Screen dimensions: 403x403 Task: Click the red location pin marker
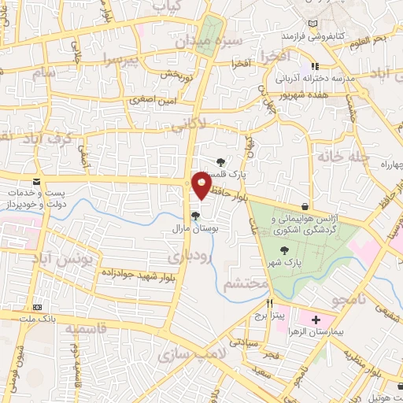[201, 186]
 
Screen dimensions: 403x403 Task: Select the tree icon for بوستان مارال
[195, 216]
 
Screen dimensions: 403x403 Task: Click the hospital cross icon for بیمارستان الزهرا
[316, 320]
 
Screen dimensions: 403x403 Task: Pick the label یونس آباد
[65, 257]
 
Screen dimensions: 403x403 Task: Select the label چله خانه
[344, 155]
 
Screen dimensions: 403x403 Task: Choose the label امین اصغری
[152, 100]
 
